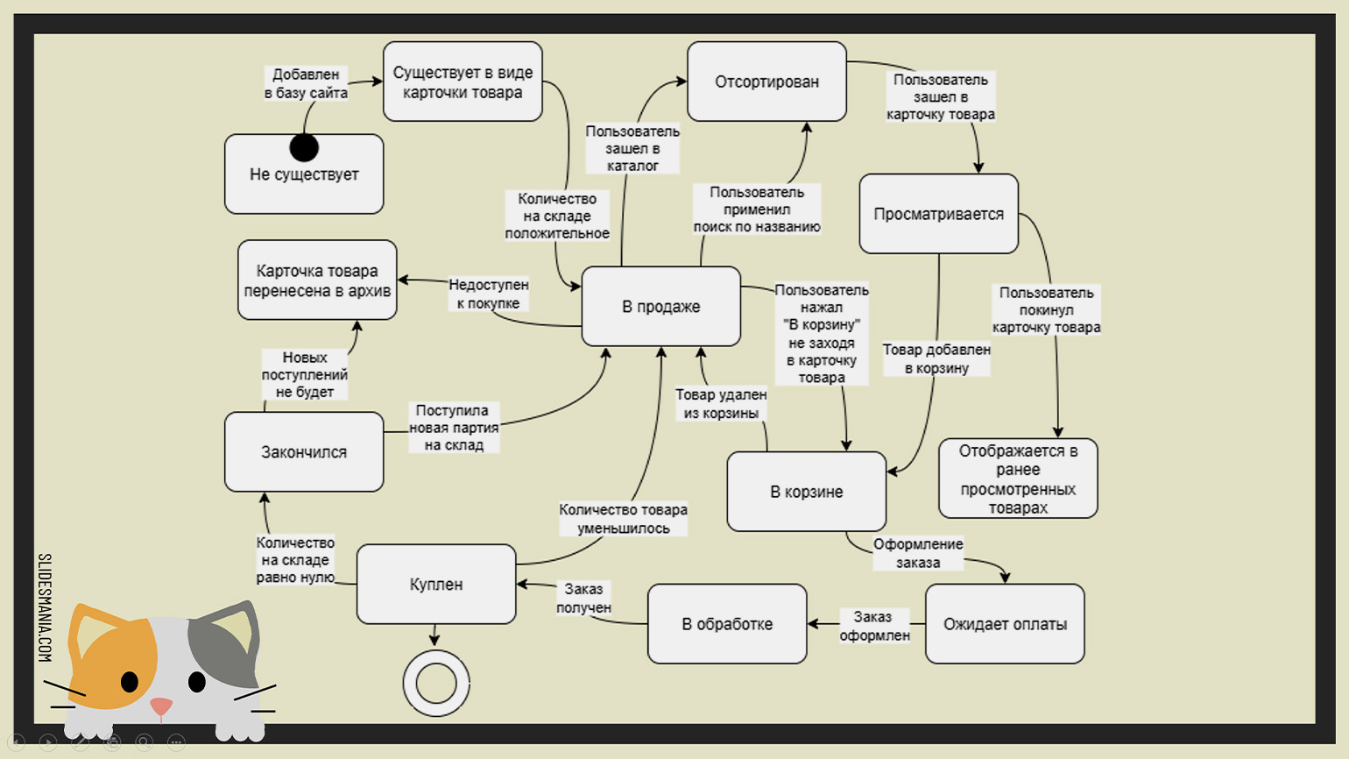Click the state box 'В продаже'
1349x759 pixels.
pyautogui.click(x=660, y=307)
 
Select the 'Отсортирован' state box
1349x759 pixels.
pyautogui.click(x=766, y=82)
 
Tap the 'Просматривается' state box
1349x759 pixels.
pyautogui.click(x=938, y=214)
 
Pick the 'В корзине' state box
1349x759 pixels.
pyautogui.click(x=806, y=492)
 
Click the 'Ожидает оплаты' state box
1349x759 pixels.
pyautogui.click(x=1005, y=624)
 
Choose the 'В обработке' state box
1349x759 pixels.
pyautogui.click(x=727, y=624)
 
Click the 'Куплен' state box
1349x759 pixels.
pyautogui.click(x=436, y=585)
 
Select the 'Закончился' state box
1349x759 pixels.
pyautogui.click(x=304, y=452)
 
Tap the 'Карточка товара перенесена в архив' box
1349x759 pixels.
pyautogui.click(x=317, y=280)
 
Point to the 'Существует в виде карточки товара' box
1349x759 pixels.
pyautogui.click(x=463, y=82)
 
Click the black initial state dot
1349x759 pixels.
pyautogui.click(x=304, y=147)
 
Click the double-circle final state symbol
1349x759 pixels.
pyautogui.click(x=436, y=683)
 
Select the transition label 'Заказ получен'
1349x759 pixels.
pyautogui.click(x=583, y=599)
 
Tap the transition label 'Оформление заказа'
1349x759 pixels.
pyautogui.click(x=918, y=553)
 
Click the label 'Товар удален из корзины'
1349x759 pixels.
pyautogui.click(x=721, y=404)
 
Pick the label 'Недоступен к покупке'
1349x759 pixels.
pyautogui.click(x=488, y=294)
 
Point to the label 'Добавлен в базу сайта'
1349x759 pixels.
pyautogui.click(x=306, y=83)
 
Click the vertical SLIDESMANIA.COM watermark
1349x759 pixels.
pyautogui.click(x=45, y=607)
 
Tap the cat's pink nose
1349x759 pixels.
pyautogui.click(x=161, y=706)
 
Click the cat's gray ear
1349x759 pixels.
pyautogui.click(x=227, y=644)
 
